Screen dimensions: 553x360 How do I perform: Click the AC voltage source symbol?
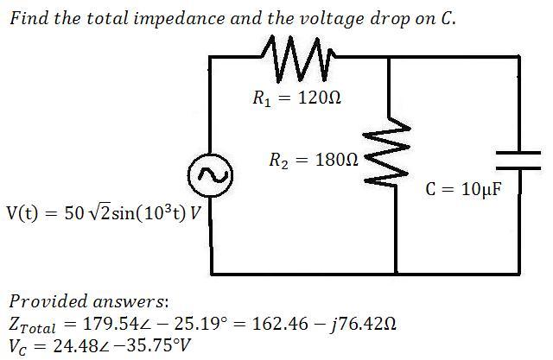[210, 175]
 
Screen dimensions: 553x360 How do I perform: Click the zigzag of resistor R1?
[298, 59]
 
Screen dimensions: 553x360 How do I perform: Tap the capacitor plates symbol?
[518, 161]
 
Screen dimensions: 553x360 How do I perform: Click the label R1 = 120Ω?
[297, 98]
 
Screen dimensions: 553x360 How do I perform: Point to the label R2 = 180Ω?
[314, 161]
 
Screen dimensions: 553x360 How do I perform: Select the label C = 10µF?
[463, 189]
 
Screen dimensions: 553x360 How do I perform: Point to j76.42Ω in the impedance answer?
[362, 324]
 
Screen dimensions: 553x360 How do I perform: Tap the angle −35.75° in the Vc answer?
[149, 345]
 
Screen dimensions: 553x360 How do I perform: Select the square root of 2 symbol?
[100, 212]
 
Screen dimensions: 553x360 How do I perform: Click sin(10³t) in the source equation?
[149, 212]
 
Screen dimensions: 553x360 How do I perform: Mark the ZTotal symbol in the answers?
[32, 325]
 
